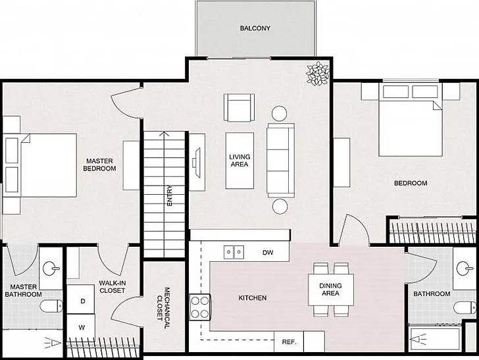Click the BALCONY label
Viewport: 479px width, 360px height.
(x=255, y=28)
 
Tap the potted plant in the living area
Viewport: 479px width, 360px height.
(x=318, y=74)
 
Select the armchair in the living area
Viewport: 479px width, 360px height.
(x=239, y=107)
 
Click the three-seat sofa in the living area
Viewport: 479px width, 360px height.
(x=280, y=160)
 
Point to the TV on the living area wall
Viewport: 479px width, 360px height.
(x=197, y=163)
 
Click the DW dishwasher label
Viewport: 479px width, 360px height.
(x=268, y=253)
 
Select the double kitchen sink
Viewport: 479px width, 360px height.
(x=234, y=252)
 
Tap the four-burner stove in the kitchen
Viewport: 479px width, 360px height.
(x=200, y=307)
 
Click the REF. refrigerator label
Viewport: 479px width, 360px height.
(x=289, y=342)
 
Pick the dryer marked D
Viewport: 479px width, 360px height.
(x=81, y=299)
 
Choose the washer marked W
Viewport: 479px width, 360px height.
(x=81, y=327)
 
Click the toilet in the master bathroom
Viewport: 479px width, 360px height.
(x=51, y=306)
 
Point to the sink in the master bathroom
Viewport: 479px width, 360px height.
(x=51, y=269)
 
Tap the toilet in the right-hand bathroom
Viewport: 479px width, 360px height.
(x=465, y=307)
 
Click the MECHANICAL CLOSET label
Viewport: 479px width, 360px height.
(x=163, y=308)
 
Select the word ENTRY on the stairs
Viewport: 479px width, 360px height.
(x=169, y=195)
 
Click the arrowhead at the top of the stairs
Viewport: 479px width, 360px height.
(x=164, y=134)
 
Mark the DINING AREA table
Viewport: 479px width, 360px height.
(x=331, y=290)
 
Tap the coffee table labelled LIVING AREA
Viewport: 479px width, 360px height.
(x=239, y=161)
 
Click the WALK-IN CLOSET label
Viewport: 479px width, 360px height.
(x=113, y=287)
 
